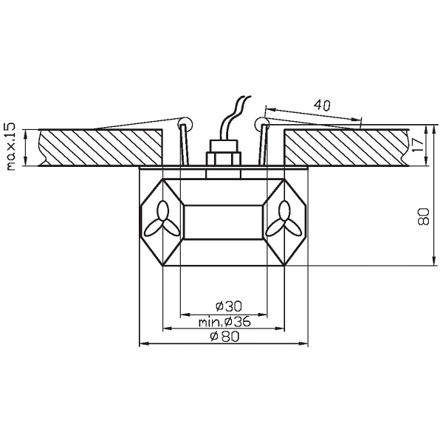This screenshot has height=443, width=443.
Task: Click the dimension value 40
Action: tap(320, 105)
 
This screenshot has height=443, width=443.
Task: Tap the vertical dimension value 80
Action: tap(423, 216)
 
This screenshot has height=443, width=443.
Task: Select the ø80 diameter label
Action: tap(223, 336)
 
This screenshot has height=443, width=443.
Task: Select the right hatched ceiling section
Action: tap(343, 148)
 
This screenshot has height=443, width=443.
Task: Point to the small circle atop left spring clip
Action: tap(185, 123)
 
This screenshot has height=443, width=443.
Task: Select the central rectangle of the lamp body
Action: tap(222, 221)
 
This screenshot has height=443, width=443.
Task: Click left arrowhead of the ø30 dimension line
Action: tap(185, 312)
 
